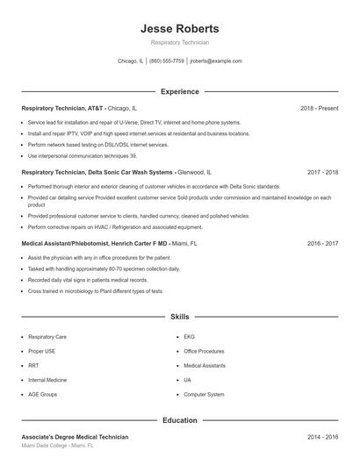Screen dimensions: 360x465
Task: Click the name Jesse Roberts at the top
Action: coord(179,28)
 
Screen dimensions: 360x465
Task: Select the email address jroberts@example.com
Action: coord(215,61)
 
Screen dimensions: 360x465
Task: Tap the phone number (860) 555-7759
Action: coord(167,61)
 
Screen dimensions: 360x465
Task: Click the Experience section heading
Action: coord(179,91)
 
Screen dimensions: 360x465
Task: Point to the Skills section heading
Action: coord(179,316)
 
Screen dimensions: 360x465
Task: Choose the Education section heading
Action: coord(179,420)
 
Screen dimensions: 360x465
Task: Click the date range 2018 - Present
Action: coord(319,108)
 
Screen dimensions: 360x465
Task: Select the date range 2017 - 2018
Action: coord(322,173)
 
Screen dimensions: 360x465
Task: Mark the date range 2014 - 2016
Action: coord(322,436)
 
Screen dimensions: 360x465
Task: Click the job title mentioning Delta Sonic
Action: coord(97,173)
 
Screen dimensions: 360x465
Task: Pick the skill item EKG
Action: coord(189,336)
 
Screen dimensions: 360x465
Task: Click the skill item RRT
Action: coord(33,365)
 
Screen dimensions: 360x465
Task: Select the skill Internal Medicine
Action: coord(47,380)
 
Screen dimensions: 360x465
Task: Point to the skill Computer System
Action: coord(204,395)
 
